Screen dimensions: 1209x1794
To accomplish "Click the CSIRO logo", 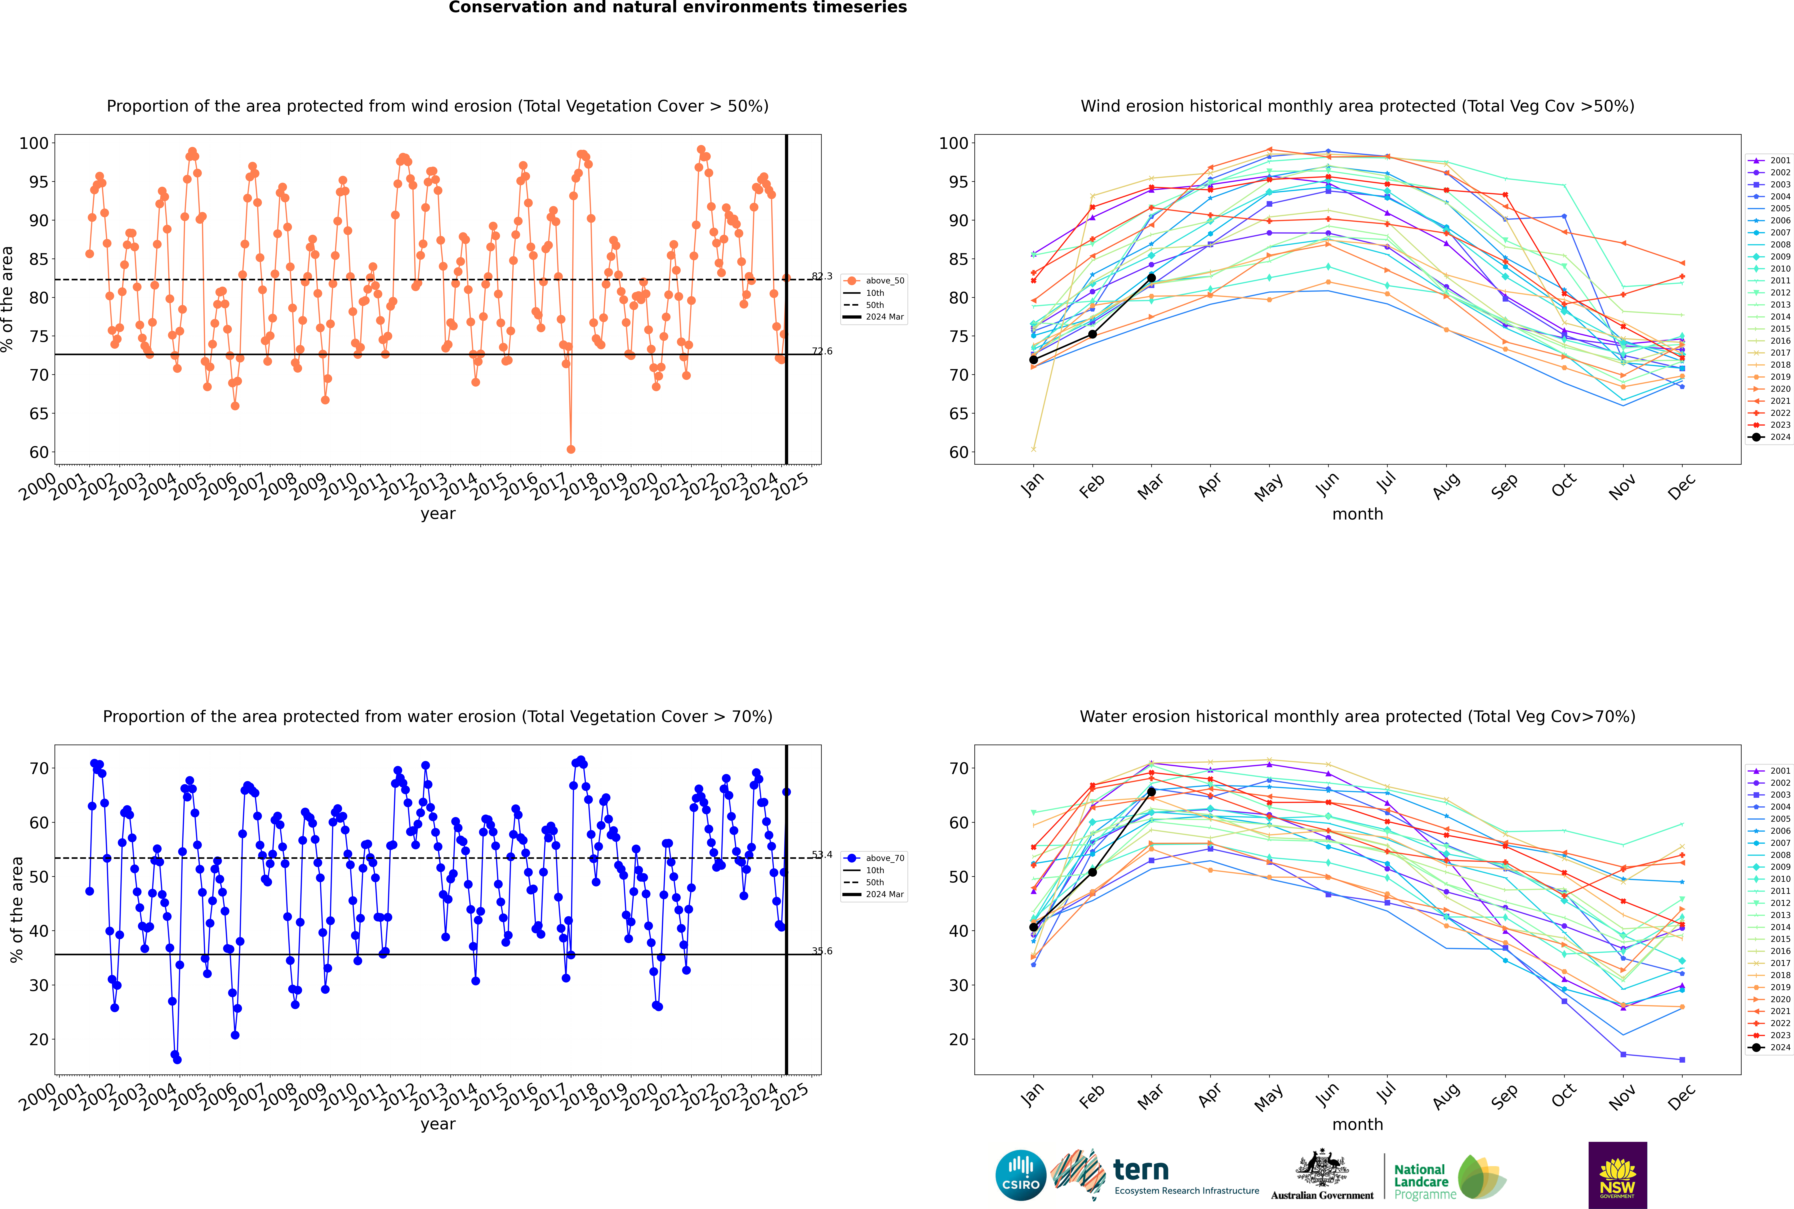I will coord(1020,1175).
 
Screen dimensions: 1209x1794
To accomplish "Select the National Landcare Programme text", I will coord(1421,1181).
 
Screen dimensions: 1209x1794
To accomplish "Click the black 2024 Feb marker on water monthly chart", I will coord(1092,872).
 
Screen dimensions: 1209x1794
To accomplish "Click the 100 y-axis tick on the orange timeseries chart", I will coord(34,143).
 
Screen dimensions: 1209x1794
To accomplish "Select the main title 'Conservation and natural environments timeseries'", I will coord(677,8).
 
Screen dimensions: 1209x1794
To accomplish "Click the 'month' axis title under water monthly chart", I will coord(1357,1124).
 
